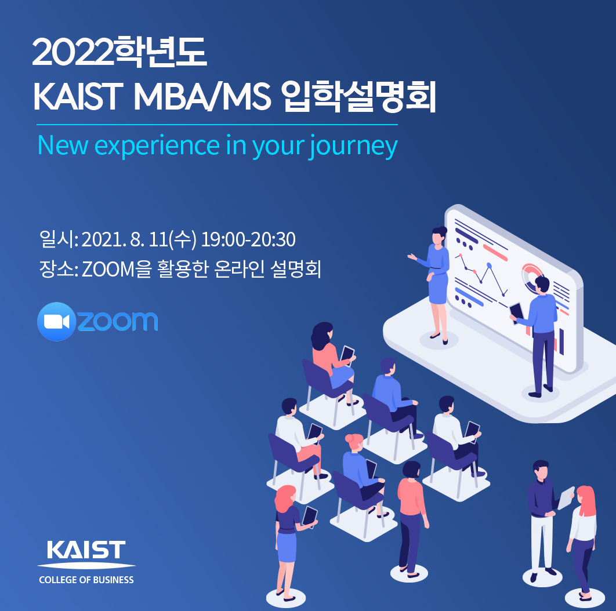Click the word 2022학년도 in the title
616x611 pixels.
[119, 52]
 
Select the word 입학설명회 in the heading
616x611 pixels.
[358, 97]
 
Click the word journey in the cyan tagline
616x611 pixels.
[354, 147]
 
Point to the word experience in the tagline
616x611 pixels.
[157, 146]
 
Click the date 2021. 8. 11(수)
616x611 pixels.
[139, 239]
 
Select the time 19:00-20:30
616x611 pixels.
[248, 239]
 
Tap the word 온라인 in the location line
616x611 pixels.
[240, 269]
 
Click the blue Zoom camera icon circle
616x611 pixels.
[57, 322]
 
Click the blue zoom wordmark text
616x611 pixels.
[118, 321]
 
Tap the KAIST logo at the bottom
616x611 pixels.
[86, 554]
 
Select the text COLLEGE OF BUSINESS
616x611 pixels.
[86, 580]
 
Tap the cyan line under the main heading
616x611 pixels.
[217, 125]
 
